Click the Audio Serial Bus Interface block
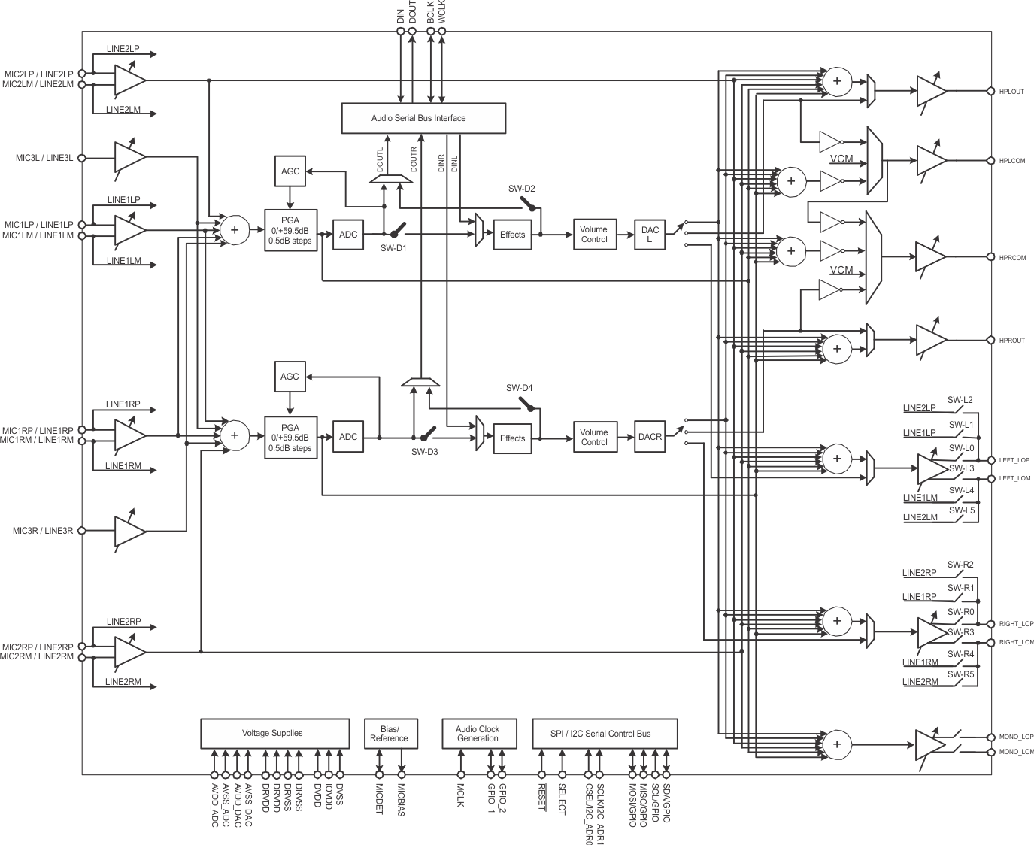423,118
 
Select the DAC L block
650,235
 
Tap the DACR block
650,437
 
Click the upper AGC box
290,171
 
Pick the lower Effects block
512,438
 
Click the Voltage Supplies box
274,733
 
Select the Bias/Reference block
389,733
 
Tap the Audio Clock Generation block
478,733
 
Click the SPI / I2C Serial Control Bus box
605,733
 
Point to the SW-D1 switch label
393,249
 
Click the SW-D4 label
519,388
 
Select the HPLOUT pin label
1011,92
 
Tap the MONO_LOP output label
1016,737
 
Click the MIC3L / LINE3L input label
44,158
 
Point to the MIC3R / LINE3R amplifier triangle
129,531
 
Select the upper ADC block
348,235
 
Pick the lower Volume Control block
594,437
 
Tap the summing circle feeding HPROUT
836,348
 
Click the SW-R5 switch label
960,674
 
